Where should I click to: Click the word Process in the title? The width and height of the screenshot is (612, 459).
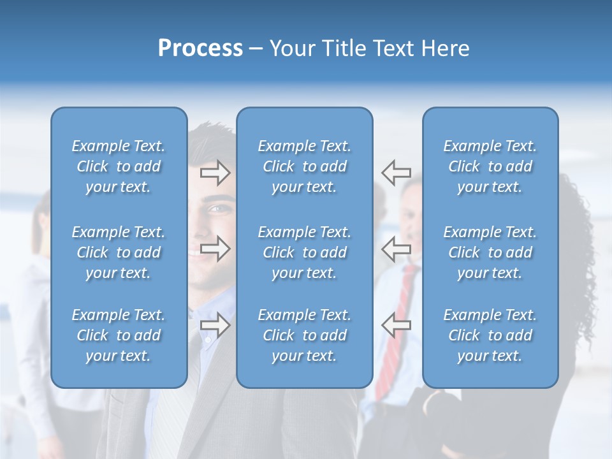coord(200,48)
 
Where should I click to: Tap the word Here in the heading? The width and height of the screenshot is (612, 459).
coord(444,48)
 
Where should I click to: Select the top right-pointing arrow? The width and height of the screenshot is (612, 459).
coord(215,172)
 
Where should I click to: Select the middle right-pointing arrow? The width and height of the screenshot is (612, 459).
coord(215,249)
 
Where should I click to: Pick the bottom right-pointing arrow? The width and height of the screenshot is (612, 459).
coord(215,325)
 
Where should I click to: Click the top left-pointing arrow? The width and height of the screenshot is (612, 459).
coord(396,172)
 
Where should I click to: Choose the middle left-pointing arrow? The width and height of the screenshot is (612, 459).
coord(396,249)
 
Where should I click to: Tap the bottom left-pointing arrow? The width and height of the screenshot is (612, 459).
coord(396,325)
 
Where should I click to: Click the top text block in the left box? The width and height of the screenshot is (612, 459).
coord(119,166)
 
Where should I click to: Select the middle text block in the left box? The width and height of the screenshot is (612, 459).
coord(119,252)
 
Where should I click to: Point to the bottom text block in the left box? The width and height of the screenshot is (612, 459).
coord(119,335)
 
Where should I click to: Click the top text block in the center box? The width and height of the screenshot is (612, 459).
coord(304,166)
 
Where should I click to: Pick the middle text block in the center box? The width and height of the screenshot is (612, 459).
coord(304,252)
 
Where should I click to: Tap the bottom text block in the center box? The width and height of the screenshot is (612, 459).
coord(304,335)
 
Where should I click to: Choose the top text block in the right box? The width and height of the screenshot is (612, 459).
coord(490,166)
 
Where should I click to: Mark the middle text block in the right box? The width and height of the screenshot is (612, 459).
coord(490,252)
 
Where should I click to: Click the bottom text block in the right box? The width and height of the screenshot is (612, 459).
coord(490,335)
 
